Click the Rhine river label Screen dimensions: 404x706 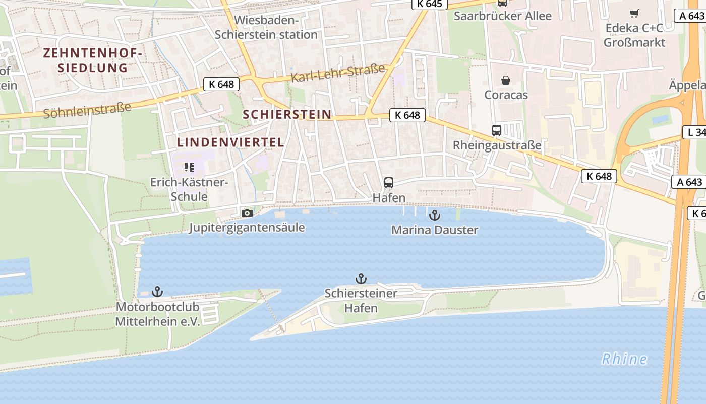tap(624, 359)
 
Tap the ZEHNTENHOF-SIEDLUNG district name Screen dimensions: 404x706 tap(93, 60)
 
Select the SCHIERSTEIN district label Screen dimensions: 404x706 tap(287, 115)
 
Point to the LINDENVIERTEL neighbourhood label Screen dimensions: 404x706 tap(231, 142)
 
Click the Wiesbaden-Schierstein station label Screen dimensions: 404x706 tap(266, 28)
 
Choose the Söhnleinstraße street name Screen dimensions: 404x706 tap(87, 110)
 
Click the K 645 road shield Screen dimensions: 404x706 tap(430, 4)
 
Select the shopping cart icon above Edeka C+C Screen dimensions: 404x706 tap(634, 14)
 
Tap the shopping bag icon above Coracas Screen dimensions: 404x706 tap(506, 80)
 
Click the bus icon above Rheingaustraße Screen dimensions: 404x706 tap(497, 130)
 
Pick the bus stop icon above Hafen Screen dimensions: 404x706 tap(389, 183)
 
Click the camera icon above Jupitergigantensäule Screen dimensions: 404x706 tap(247, 213)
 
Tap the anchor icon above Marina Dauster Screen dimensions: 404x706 tap(434, 215)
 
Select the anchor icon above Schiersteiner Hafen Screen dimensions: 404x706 tap(361, 278)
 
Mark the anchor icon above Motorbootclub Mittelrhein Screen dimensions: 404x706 tap(158, 291)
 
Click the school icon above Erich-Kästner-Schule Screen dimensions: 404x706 tap(189, 167)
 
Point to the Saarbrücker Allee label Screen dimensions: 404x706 tap(503, 16)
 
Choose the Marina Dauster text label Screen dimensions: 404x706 tap(435, 230)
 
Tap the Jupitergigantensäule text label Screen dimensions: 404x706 tap(247, 228)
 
